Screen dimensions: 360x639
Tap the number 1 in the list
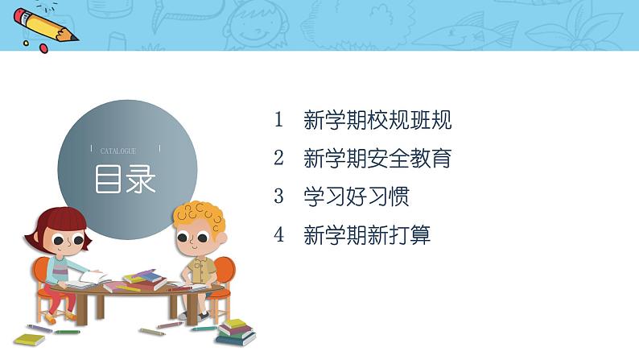pos(279,121)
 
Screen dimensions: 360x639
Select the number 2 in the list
pos(279,159)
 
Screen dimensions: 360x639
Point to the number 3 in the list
pos(279,197)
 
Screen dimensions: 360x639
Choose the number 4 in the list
pos(279,235)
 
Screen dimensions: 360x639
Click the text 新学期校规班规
pos(377,121)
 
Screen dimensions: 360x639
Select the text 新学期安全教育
pos(377,159)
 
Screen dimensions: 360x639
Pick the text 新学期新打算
pos(367,235)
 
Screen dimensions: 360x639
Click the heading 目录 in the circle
pos(126,180)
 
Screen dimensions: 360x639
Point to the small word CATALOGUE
pos(118,151)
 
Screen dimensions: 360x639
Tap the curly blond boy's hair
pos(199,215)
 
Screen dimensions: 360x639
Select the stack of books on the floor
pos(234,331)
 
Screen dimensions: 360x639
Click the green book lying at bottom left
pos(29,339)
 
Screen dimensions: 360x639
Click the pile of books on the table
pos(143,280)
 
